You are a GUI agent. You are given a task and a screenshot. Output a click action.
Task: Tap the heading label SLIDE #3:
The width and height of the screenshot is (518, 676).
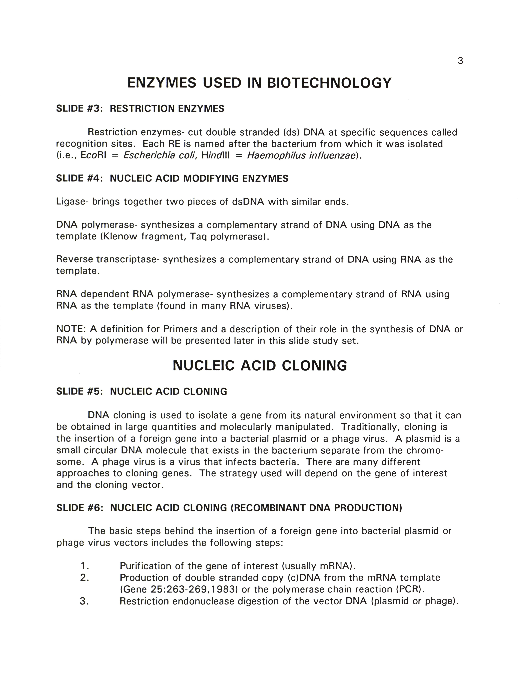(x=79, y=109)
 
